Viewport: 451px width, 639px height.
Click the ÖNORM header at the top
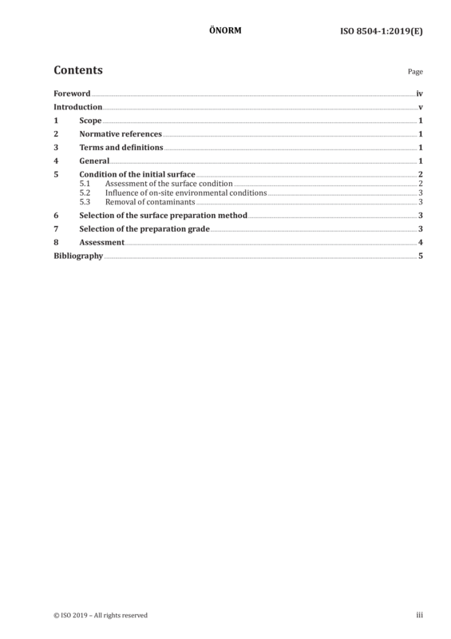[225, 30]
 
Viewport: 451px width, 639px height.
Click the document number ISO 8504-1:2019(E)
[382, 31]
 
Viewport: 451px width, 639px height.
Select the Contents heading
[78, 70]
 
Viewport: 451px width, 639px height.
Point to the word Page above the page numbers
[415, 72]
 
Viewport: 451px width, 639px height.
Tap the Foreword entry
[72, 93]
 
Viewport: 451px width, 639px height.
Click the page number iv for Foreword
[420, 93]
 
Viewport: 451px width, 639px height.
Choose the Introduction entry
[77, 107]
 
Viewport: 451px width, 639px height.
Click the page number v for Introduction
[421, 107]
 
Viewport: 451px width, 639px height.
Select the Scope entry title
[90, 121]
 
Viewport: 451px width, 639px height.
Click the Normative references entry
[121, 134]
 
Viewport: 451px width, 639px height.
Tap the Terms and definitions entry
[121, 148]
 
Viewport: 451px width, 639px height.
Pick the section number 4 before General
[56, 161]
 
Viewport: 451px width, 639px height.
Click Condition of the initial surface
[137, 174]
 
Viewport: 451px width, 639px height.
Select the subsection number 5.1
[85, 184]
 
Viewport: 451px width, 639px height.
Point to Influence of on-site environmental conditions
[186, 192]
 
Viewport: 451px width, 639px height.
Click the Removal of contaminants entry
[150, 202]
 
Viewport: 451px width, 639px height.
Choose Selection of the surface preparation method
[164, 215]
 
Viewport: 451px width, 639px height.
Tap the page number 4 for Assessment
[421, 243]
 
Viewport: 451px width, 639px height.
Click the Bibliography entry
[78, 256]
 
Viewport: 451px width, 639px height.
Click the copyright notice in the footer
[101, 615]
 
